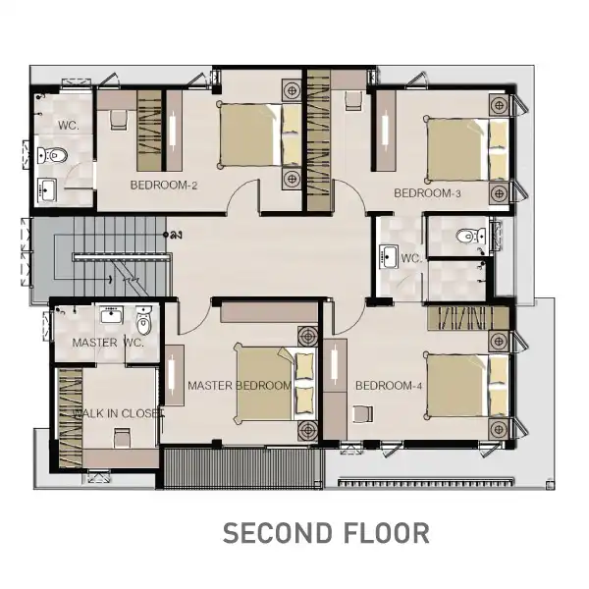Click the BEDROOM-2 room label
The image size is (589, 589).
click(x=163, y=185)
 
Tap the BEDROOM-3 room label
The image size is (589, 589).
click(x=427, y=193)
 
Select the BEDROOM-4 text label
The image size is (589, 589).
click(x=389, y=386)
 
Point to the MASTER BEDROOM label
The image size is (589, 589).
click(x=240, y=386)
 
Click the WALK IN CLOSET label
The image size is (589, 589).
click(x=118, y=413)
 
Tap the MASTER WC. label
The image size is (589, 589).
click(x=108, y=343)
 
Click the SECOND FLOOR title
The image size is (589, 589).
click(x=326, y=533)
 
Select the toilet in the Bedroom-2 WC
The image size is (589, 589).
click(x=52, y=155)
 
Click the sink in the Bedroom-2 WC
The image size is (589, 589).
click(x=47, y=189)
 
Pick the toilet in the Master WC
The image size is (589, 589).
click(x=143, y=320)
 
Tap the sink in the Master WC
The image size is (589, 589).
click(x=111, y=314)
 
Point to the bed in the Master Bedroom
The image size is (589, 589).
click(x=275, y=383)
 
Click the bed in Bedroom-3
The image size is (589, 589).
click(x=467, y=149)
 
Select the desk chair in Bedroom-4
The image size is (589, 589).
click(x=363, y=414)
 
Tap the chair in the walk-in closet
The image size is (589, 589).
click(x=122, y=438)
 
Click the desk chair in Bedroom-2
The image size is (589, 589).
click(x=119, y=120)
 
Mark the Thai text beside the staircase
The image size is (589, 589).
click(x=173, y=235)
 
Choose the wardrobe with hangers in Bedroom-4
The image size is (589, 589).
click(x=468, y=319)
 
